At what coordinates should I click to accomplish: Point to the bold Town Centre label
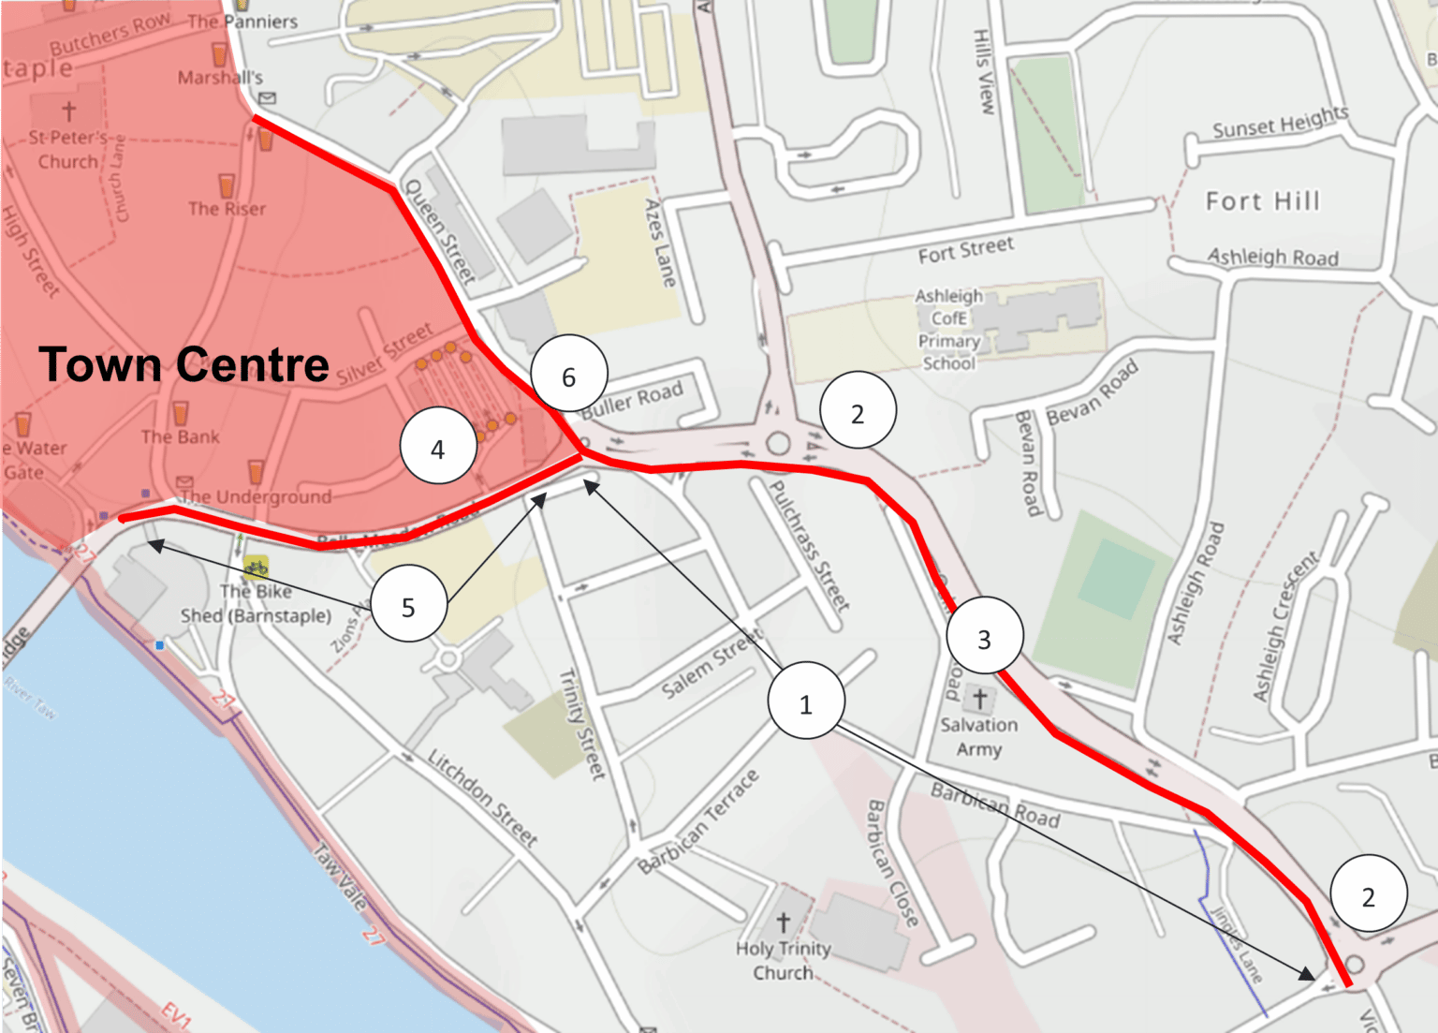click(183, 364)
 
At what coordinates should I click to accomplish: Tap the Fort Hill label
click(1262, 201)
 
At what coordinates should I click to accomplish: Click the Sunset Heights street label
click(1280, 123)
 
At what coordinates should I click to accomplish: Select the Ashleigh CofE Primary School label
click(948, 330)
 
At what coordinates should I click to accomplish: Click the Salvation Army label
click(978, 736)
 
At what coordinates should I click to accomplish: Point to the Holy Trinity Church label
click(783, 960)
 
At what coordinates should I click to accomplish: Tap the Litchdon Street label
click(482, 798)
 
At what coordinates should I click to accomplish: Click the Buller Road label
click(633, 400)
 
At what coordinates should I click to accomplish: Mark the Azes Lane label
click(660, 242)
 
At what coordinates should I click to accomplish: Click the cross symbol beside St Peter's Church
click(68, 111)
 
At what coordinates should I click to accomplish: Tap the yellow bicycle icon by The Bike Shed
click(256, 568)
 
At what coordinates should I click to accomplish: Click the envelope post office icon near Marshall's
click(267, 97)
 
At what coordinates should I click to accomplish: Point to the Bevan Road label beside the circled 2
click(1092, 391)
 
